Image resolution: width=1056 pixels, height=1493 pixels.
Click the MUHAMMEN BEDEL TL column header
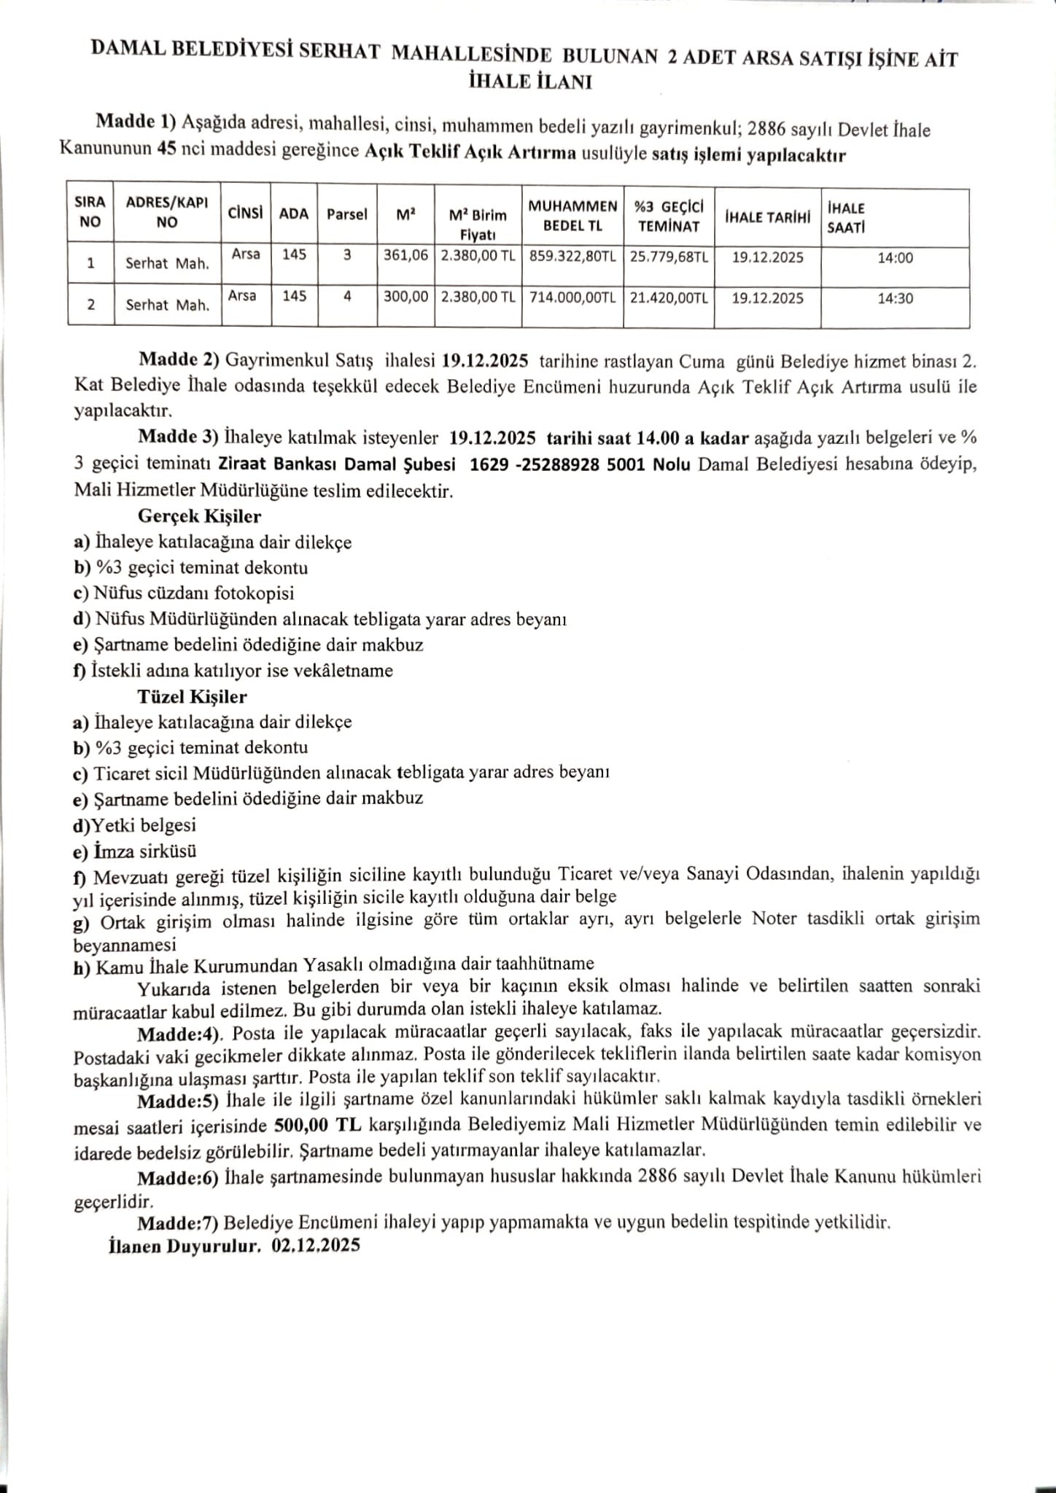click(572, 216)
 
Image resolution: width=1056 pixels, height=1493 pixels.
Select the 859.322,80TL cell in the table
click(572, 257)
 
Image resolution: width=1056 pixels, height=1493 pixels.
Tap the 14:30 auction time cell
click(895, 298)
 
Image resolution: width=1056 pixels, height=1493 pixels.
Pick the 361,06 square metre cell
click(405, 256)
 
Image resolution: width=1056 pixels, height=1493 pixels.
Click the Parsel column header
click(347, 214)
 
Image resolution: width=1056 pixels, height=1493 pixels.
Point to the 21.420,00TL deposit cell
click(669, 297)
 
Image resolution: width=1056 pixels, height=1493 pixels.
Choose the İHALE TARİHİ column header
click(767, 217)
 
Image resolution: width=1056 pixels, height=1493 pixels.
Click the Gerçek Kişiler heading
click(199, 516)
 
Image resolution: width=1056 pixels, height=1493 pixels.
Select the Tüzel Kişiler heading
click(193, 696)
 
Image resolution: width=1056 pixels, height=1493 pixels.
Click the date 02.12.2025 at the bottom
click(316, 1246)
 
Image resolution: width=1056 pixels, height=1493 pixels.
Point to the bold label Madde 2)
click(179, 360)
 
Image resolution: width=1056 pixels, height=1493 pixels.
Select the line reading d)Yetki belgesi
click(134, 825)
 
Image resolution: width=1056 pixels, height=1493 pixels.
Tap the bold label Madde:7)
click(178, 1222)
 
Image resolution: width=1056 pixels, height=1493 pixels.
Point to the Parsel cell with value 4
click(348, 296)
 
